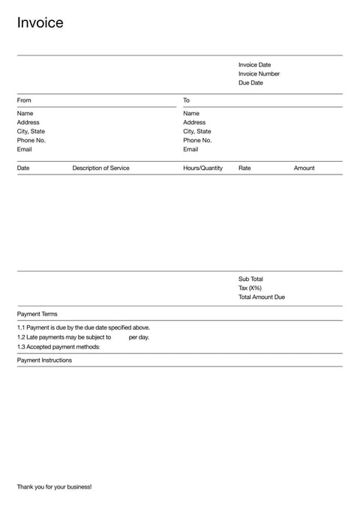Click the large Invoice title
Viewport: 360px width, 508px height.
(40, 23)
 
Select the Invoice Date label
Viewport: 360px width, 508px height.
(254, 65)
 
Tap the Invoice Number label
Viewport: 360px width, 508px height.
(259, 74)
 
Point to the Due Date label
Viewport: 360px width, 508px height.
(250, 83)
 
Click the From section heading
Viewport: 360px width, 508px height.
(24, 100)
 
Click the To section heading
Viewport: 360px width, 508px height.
(186, 100)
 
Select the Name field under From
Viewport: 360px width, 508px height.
(25, 114)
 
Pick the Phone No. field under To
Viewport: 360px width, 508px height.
(197, 141)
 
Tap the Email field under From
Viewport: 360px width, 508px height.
(25, 150)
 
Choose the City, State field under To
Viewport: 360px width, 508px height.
(197, 132)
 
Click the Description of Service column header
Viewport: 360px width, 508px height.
(100, 169)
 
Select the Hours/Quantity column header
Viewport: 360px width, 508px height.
(202, 169)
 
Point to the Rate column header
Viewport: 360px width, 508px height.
(244, 169)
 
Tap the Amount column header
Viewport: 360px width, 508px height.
(304, 169)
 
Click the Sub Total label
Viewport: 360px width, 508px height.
(250, 279)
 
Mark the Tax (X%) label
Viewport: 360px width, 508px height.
(250, 288)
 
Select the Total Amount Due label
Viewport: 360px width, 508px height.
(262, 297)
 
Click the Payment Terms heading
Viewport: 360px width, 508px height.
(37, 315)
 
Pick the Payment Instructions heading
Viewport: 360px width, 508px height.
(44, 360)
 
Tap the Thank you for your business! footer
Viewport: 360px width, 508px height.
(54, 487)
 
